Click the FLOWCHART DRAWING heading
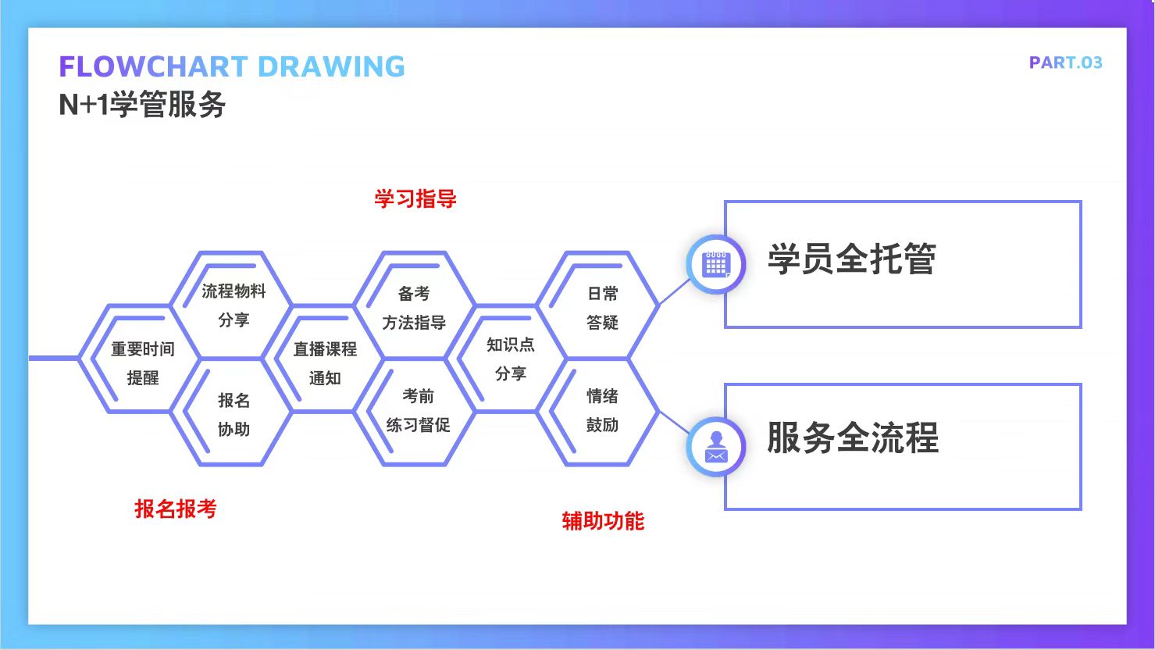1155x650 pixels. tap(232, 66)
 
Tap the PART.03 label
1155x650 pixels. tap(1065, 62)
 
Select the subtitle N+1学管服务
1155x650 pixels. tap(142, 105)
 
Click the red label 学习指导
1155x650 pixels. tap(415, 198)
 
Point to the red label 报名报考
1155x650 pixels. tap(176, 509)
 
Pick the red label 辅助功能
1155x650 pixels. tap(603, 521)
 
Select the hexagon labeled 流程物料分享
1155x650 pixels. tap(233, 305)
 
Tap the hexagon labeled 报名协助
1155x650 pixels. tap(233, 414)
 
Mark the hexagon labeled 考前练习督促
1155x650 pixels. tap(417, 411)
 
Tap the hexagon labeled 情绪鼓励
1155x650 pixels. tap(601, 411)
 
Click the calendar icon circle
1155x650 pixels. tap(715, 264)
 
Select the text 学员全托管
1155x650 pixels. tap(851, 259)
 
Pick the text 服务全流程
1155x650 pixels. tap(852, 437)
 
